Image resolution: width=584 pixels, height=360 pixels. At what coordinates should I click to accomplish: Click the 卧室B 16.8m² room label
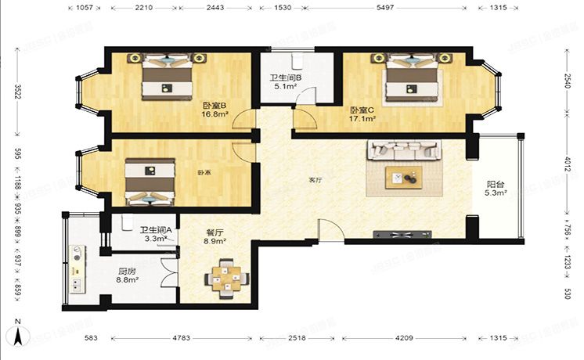[214, 110]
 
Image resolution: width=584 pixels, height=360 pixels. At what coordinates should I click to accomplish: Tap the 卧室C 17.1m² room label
[363, 114]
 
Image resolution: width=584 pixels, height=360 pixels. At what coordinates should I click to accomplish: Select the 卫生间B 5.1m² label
[281, 82]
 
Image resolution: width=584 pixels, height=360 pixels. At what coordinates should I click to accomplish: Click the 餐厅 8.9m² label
[214, 237]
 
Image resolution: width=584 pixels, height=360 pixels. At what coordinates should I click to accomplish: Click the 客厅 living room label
[315, 179]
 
